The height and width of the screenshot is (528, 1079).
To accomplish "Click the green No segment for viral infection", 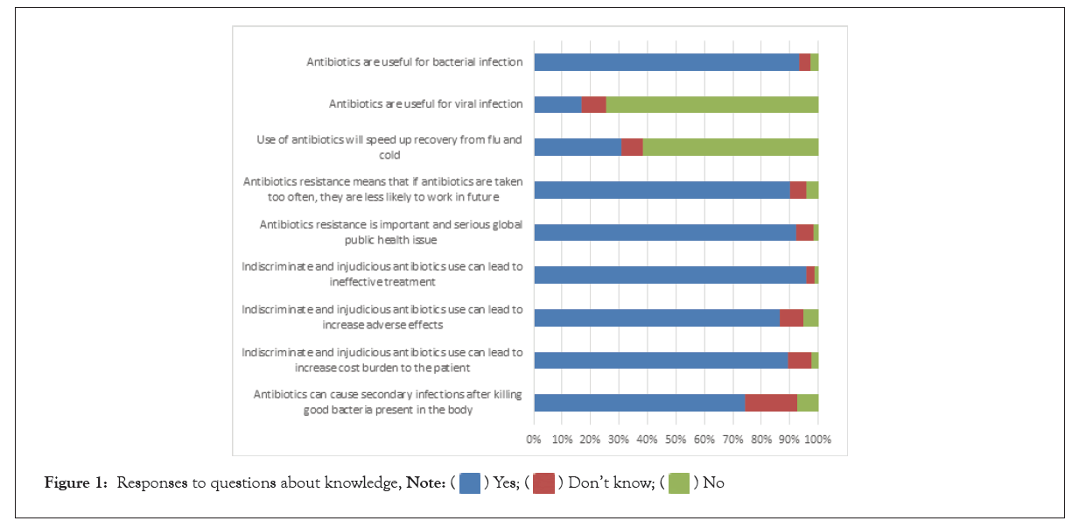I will click(x=711, y=104).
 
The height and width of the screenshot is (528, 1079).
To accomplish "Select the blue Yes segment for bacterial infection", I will click(x=666, y=62).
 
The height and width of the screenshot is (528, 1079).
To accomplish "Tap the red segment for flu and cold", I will click(x=632, y=147).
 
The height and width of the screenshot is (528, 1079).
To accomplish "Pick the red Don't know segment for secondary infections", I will click(x=771, y=403).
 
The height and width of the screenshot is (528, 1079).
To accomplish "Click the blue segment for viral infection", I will click(x=557, y=104).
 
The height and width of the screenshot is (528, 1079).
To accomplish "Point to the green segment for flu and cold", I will click(x=731, y=147).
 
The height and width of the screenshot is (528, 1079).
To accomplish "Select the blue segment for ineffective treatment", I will click(x=669, y=275).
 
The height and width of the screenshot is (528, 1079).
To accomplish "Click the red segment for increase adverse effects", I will click(x=791, y=318).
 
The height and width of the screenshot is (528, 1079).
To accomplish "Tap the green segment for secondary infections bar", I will click(x=808, y=403).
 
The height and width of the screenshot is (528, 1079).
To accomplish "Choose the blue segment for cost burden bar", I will click(x=661, y=360).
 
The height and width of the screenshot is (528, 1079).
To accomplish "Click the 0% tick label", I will click(x=534, y=438).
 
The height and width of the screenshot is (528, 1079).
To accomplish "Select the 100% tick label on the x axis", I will click(x=818, y=438).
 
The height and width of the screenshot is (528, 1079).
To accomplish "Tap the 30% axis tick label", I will click(x=620, y=438).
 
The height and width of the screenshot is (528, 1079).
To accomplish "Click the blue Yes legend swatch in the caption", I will click(x=470, y=483).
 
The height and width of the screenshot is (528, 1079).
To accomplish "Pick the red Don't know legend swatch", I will click(x=543, y=483).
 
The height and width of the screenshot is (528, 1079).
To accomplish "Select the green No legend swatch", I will click(x=679, y=483).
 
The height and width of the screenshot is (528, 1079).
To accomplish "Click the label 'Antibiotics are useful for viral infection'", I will click(x=425, y=104).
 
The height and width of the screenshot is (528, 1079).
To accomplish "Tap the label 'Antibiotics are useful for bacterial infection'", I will click(x=414, y=62).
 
